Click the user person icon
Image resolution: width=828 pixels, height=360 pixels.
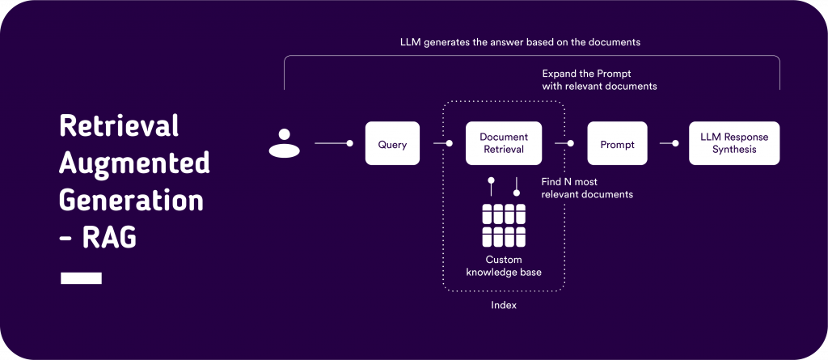click(x=284, y=143)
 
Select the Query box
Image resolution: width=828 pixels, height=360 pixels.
click(x=392, y=144)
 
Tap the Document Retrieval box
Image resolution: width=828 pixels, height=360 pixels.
click(x=503, y=143)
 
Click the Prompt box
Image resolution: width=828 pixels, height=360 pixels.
click(x=618, y=144)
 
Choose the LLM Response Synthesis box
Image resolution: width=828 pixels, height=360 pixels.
click(x=733, y=143)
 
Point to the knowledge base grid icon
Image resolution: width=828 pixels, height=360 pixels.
click(x=504, y=226)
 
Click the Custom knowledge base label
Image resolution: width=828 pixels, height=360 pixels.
click(x=504, y=266)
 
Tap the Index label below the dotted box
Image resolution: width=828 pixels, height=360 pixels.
click(x=504, y=306)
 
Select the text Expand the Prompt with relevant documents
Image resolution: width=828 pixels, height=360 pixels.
click(x=599, y=79)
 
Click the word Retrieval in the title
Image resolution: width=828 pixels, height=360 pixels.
click(x=118, y=128)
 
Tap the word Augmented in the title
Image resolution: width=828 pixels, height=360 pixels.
click(x=134, y=164)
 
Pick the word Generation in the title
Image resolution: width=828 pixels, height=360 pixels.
click(x=132, y=200)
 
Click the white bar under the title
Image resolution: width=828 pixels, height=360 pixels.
click(x=81, y=278)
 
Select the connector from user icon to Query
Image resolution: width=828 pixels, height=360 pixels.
click(x=333, y=144)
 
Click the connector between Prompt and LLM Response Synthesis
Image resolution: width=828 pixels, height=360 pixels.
click(x=668, y=144)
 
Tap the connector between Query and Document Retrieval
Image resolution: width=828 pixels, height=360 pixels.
click(x=442, y=144)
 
